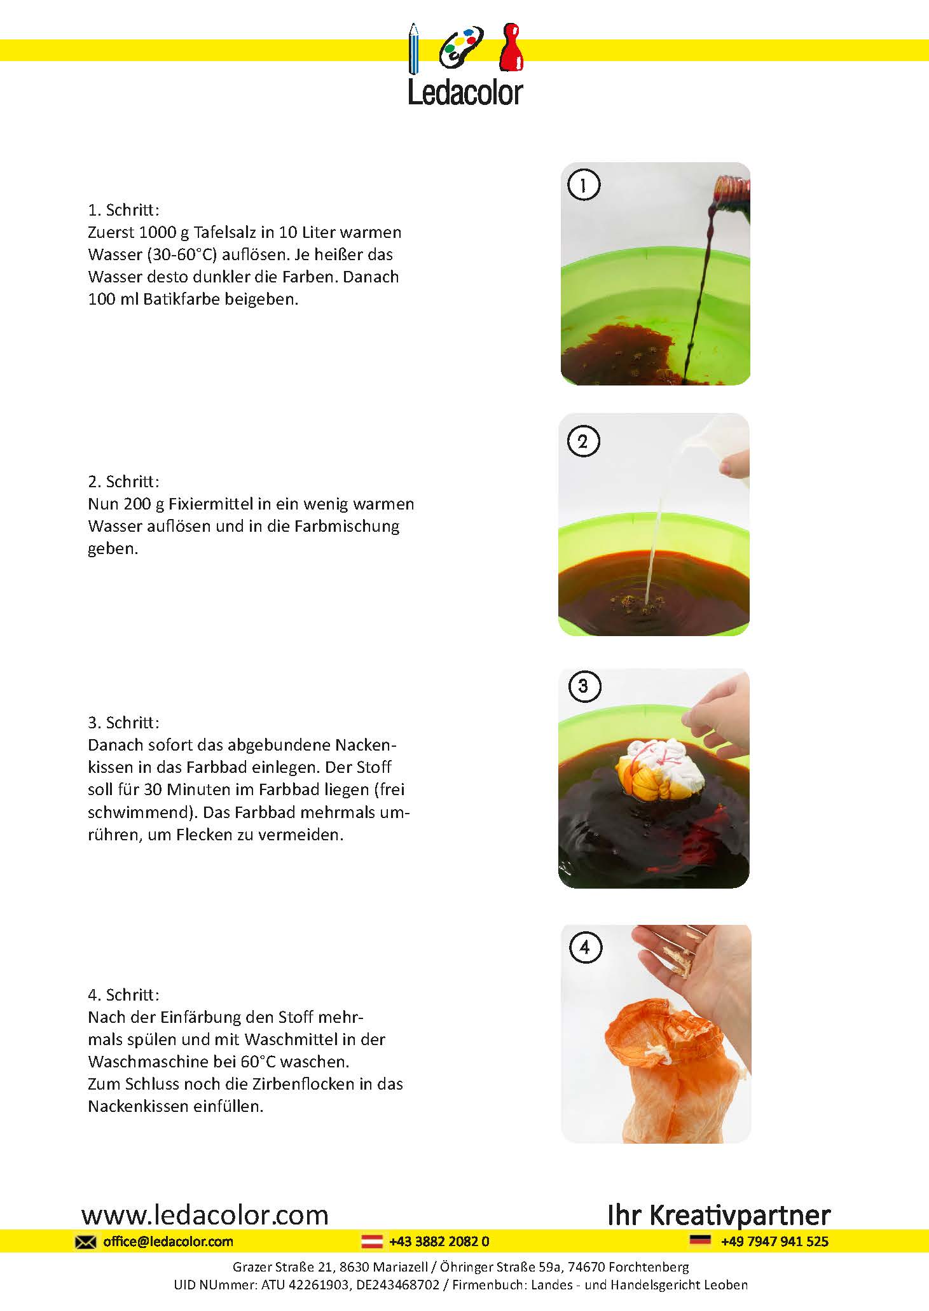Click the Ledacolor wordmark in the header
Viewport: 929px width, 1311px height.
[465, 93]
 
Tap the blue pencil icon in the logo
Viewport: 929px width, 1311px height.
[414, 48]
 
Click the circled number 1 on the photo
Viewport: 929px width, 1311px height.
[583, 185]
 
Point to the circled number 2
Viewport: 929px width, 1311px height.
[583, 441]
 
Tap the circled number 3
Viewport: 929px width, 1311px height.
[583, 686]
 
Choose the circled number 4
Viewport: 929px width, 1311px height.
[584, 948]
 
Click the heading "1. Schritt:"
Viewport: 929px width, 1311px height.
[123, 210]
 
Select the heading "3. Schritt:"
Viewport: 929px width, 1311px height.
[123, 723]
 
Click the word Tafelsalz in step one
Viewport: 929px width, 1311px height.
[227, 232]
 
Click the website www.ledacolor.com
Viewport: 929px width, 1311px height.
[205, 1216]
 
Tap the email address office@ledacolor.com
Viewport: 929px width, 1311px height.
[168, 1242]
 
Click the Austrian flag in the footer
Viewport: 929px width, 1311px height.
[372, 1241]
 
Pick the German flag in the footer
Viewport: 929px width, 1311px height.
[700, 1240]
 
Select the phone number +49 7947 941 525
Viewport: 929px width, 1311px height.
[774, 1242]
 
